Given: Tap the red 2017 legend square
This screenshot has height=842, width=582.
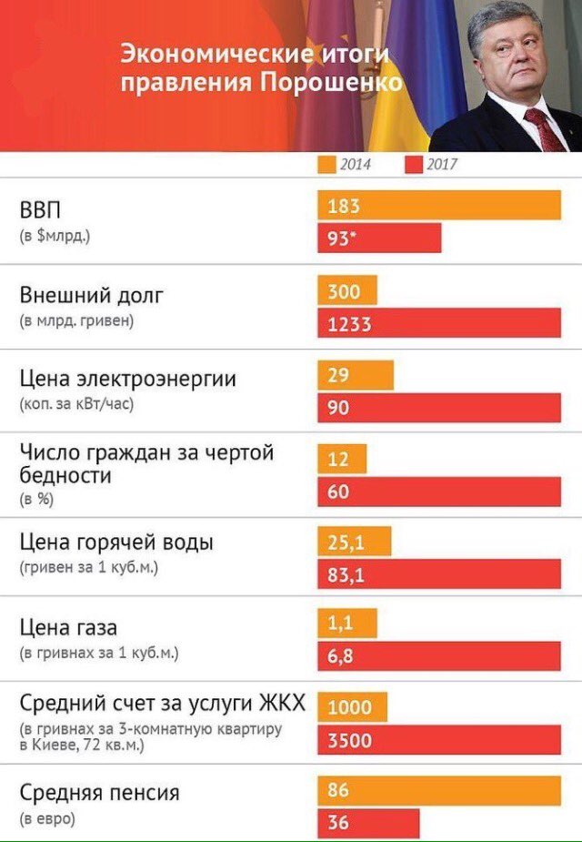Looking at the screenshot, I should coord(412,165).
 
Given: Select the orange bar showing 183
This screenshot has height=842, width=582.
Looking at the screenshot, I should coord(439,206).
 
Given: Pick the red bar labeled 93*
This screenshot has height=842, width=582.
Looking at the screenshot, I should coord(379,238).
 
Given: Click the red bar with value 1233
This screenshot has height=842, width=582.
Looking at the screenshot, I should coord(439,323).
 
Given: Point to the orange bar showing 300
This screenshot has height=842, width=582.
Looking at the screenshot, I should coord(346,291).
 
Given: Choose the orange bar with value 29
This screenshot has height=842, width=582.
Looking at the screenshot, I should coord(356,375).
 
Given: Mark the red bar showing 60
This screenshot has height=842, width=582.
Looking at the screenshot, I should coord(439,492).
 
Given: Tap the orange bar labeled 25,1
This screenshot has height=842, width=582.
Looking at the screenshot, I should coord(354,543).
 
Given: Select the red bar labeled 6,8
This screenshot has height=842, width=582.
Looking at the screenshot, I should coord(439,655).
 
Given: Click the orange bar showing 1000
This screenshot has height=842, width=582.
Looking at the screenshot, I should coord(352,708).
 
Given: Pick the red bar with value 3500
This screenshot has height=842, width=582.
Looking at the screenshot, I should coord(439,740).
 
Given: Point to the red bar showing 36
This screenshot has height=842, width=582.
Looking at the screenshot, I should coord(368,822).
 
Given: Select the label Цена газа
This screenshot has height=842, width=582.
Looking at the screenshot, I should coord(68,628).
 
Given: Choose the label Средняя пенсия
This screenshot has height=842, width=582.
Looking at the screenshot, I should coord(99,793).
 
